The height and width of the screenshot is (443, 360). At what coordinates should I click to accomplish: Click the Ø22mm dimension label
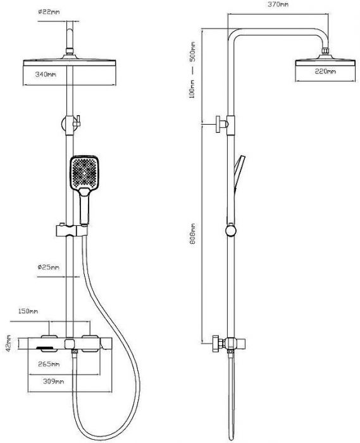49,12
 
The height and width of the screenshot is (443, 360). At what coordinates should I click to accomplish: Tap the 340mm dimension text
46,74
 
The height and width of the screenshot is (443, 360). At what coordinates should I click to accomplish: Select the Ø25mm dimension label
48,267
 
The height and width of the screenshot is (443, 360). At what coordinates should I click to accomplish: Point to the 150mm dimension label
28,311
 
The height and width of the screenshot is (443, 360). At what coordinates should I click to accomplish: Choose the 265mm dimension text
49,364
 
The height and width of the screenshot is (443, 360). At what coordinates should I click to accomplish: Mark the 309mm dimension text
53,382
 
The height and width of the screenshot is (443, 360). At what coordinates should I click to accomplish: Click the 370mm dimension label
278,4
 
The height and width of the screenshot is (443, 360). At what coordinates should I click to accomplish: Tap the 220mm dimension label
325,71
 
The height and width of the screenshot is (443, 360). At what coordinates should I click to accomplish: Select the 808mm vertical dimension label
193,234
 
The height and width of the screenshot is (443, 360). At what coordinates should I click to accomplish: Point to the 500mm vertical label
193,53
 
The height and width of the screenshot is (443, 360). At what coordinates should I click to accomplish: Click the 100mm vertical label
192,89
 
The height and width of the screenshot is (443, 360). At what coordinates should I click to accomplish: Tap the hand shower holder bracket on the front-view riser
71,230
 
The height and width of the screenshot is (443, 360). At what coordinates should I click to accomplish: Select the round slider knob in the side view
231,230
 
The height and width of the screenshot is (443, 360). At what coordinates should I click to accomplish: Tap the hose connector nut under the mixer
75,352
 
